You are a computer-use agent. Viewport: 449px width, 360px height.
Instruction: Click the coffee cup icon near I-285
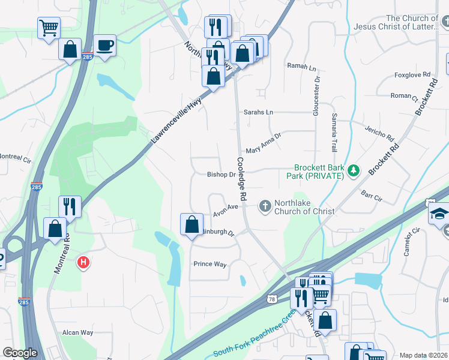[104, 45]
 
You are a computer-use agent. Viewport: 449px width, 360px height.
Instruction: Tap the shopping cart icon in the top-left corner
[49, 26]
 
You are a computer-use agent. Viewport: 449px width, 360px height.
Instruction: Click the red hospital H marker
[84, 262]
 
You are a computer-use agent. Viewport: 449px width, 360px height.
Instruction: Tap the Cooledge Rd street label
[242, 179]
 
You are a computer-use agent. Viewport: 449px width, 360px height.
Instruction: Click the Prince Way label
[209, 263]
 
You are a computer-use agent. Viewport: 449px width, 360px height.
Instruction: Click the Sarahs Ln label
[258, 112]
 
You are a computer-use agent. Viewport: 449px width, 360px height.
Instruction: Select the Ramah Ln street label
[301, 66]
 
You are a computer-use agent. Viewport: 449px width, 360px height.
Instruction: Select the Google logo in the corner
[20, 353]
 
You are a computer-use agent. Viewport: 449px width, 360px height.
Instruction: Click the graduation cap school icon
[439, 214]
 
